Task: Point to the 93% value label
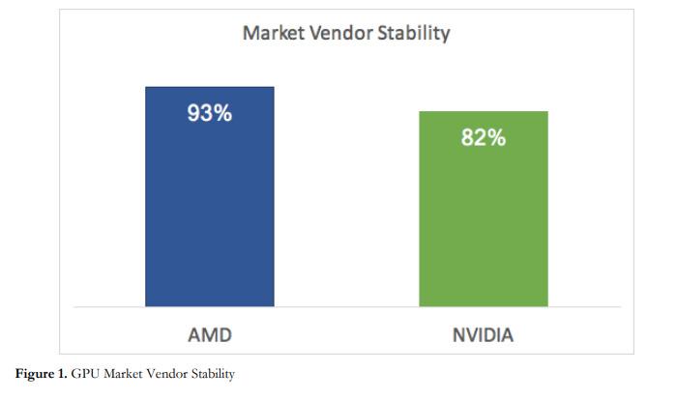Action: click(x=209, y=114)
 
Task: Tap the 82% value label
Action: click(x=483, y=138)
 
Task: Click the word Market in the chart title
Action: click(x=273, y=34)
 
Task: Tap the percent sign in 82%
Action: click(x=496, y=138)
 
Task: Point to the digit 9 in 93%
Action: click(x=194, y=114)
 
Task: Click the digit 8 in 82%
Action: click(x=468, y=138)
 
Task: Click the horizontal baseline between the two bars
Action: click(x=346, y=305)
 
